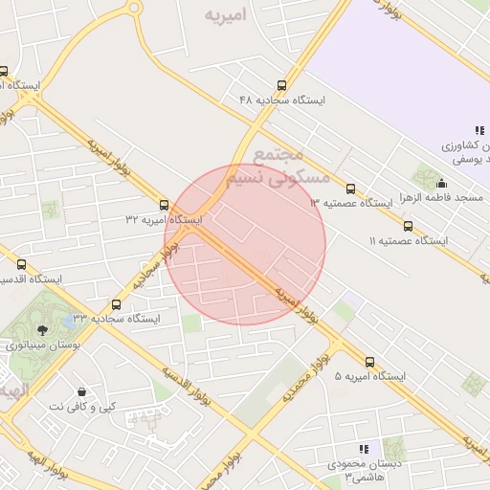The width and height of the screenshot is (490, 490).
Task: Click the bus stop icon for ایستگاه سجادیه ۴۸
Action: (280, 85)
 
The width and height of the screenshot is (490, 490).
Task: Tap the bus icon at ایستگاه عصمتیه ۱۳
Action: (349, 189)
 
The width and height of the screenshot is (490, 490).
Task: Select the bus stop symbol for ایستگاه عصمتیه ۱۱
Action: (408, 227)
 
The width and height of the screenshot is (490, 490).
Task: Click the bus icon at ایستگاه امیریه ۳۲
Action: (165, 205)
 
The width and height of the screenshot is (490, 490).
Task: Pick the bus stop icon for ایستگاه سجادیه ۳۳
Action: (116, 303)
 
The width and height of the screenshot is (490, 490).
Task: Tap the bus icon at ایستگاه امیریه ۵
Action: (370, 362)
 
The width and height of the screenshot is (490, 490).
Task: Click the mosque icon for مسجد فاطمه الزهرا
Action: (441, 184)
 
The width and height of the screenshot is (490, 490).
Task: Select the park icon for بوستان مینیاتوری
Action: (39, 330)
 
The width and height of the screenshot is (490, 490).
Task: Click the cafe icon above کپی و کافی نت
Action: (81, 391)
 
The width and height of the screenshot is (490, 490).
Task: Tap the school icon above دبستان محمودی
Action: (363, 448)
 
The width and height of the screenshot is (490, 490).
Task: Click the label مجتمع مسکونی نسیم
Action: (278, 165)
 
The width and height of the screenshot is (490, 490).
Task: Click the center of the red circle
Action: (245, 244)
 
